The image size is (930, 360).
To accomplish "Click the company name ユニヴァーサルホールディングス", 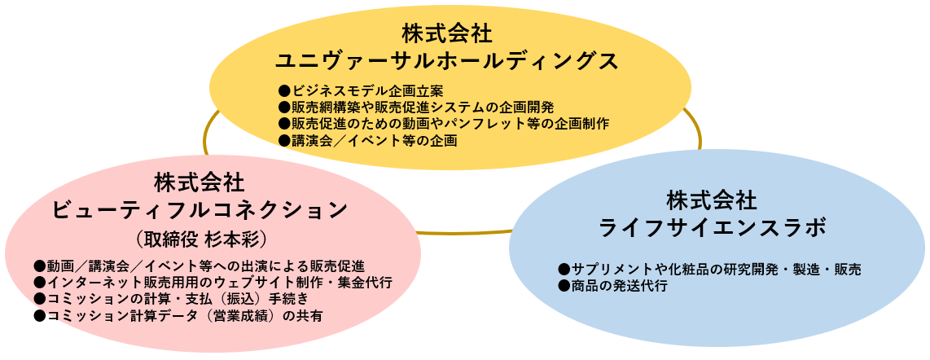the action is pos(448,60).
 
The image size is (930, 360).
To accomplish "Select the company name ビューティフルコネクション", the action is pos(200,210).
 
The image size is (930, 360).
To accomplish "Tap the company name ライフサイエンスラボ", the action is pos(712,228).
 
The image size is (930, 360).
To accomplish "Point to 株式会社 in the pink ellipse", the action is pos(200,182).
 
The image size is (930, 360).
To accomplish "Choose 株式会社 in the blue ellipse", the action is pos(712,200).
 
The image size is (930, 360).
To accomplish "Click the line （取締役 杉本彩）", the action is pos(200,239).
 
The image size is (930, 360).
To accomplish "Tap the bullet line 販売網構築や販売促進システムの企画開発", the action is pos(416,108).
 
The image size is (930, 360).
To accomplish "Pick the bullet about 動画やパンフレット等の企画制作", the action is pos(444,124).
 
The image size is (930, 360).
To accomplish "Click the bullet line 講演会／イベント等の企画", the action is pos(368,141).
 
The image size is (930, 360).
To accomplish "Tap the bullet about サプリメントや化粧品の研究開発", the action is pos(710,270).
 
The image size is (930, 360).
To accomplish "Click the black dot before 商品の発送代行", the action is pos(564,287).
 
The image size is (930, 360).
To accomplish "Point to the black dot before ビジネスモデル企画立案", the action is pos(284,90).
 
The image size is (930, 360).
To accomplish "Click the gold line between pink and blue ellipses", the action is pos(464,232).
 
